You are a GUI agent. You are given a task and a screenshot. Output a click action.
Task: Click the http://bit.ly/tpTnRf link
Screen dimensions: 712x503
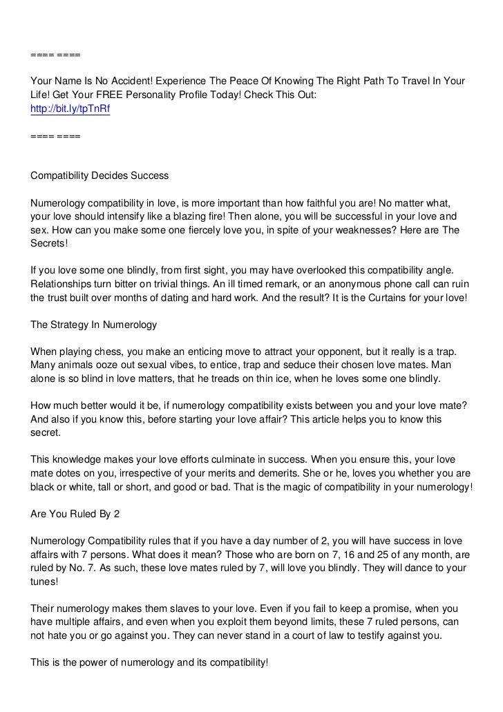point(70,108)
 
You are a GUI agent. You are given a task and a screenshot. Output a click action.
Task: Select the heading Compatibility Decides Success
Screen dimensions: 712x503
point(99,175)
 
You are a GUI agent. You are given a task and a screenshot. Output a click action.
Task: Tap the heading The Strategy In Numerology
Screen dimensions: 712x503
point(94,324)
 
